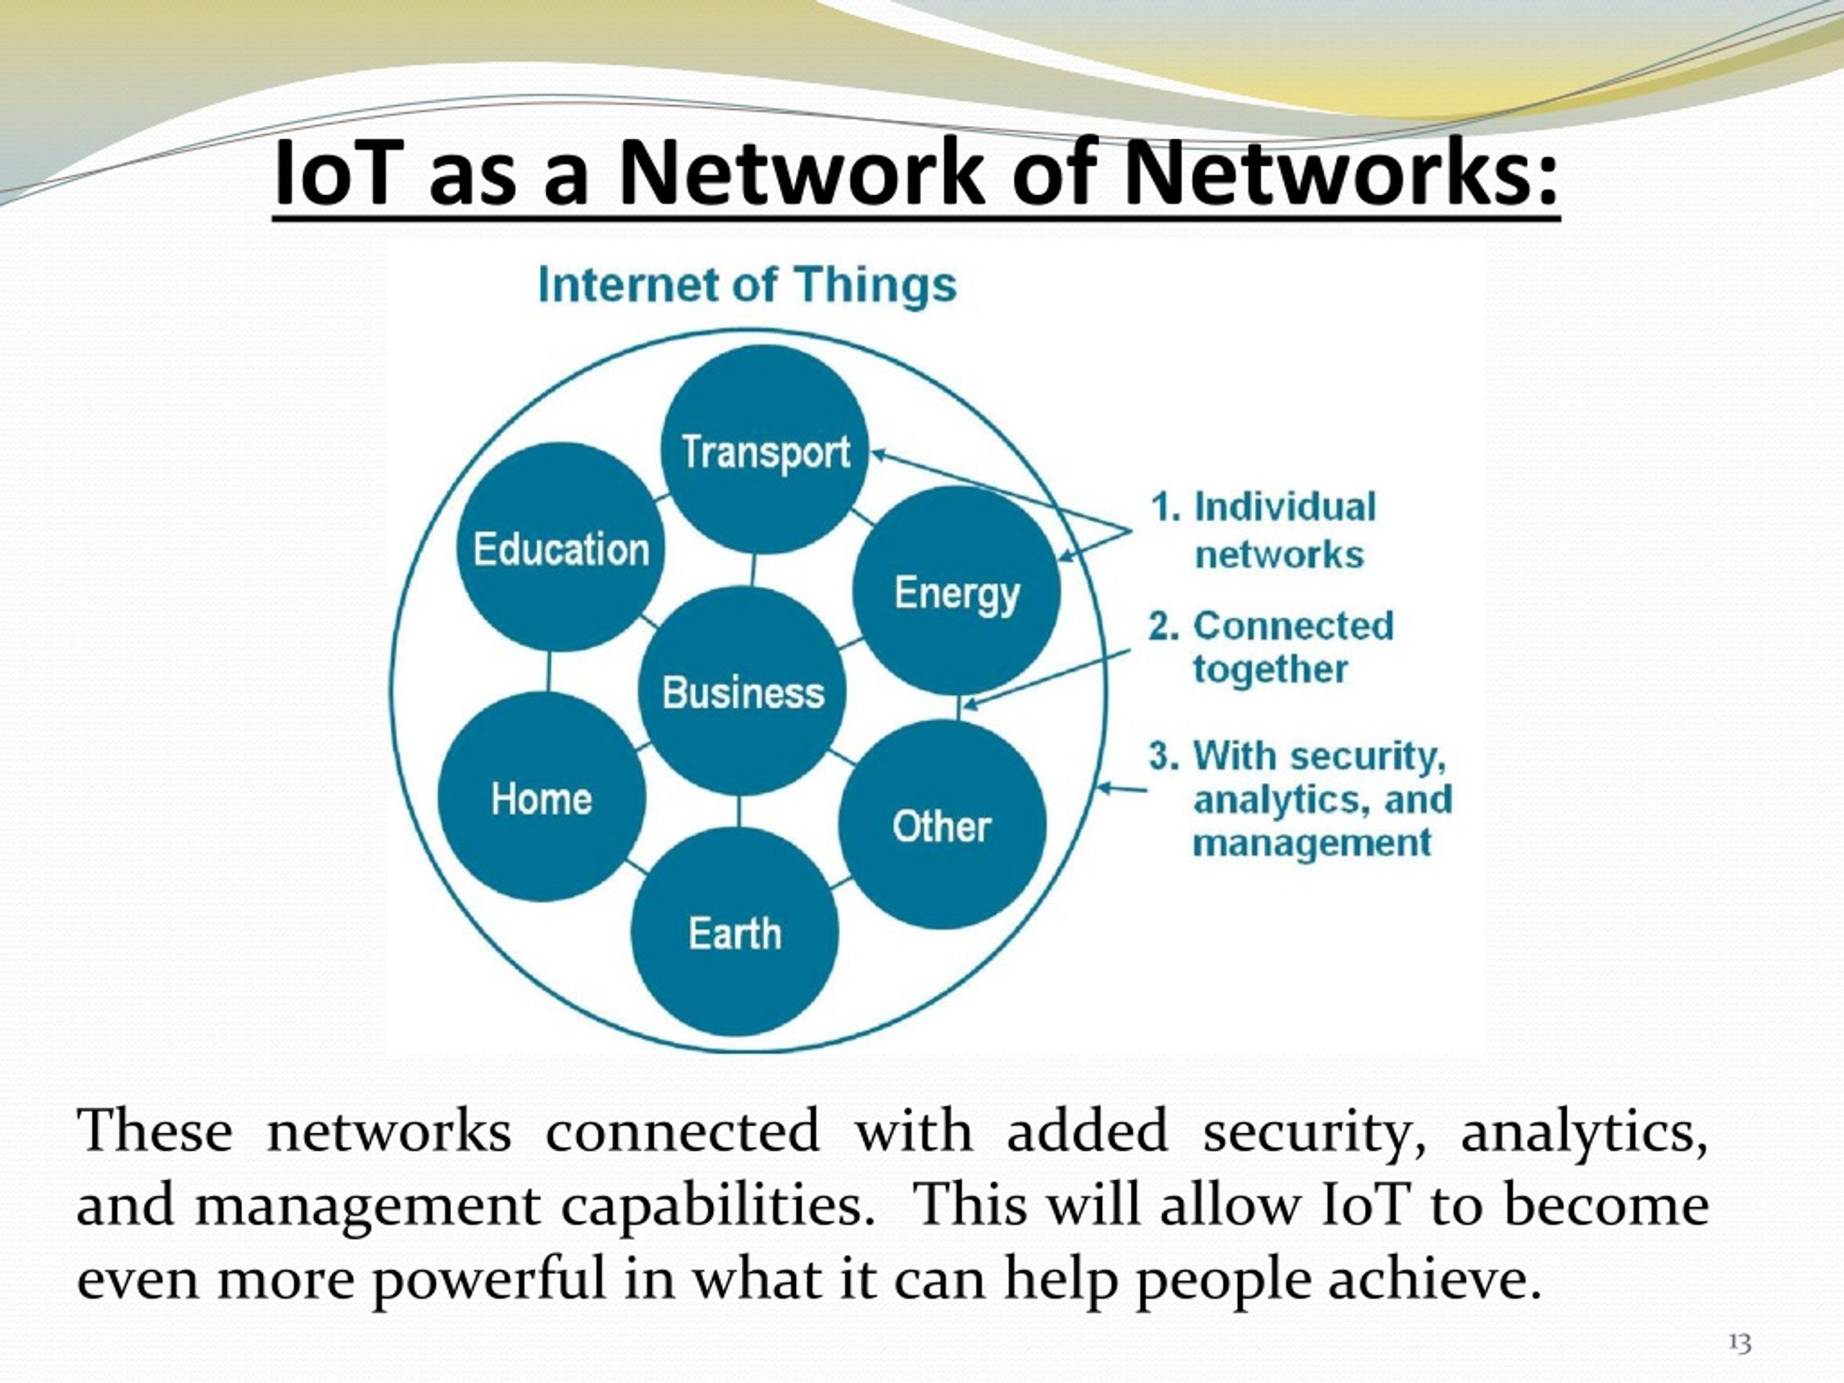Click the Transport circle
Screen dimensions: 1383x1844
pyautogui.click(x=764, y=451)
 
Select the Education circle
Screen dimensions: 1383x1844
pyautogui.click(x=561, y=547)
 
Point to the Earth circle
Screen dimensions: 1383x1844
pyautogui.click(x=735, y=932)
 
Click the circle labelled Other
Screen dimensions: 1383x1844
pyautogui.click(x=942, y=825)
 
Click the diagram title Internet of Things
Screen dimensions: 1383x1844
pyautogui.click(x=747, y=285)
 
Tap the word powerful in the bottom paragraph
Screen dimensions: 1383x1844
pyautogui.click(x=488, y=1279)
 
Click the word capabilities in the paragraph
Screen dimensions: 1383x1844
pyautogui.click(x=717, y=1205)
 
